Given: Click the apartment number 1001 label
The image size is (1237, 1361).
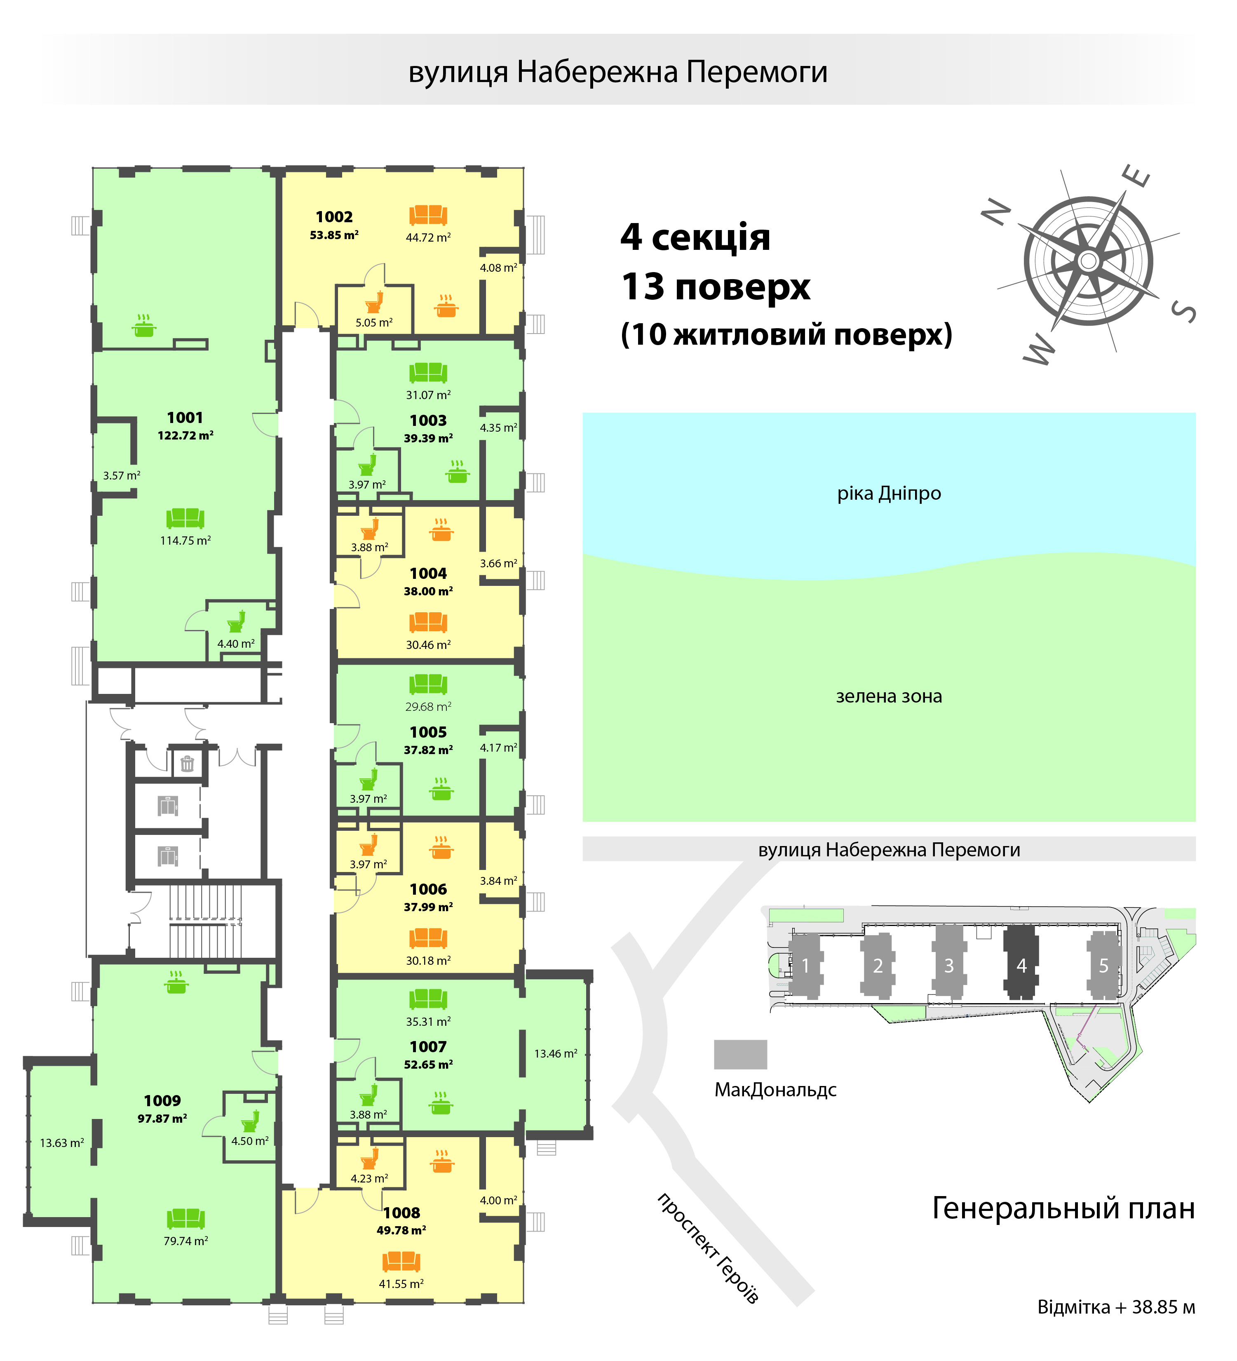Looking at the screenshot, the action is coord(185,418).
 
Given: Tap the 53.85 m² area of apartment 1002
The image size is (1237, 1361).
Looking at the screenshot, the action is coord(334,235).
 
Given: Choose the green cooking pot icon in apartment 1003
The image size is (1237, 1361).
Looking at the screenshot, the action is coord(458,472).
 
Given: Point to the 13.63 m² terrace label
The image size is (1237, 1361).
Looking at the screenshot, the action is coord(62,1143).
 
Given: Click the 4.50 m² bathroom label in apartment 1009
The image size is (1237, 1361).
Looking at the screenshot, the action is coord(250,1141).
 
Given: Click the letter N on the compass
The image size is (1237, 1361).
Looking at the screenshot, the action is coord(997,213).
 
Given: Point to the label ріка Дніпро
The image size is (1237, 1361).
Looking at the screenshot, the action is coord(889,494).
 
